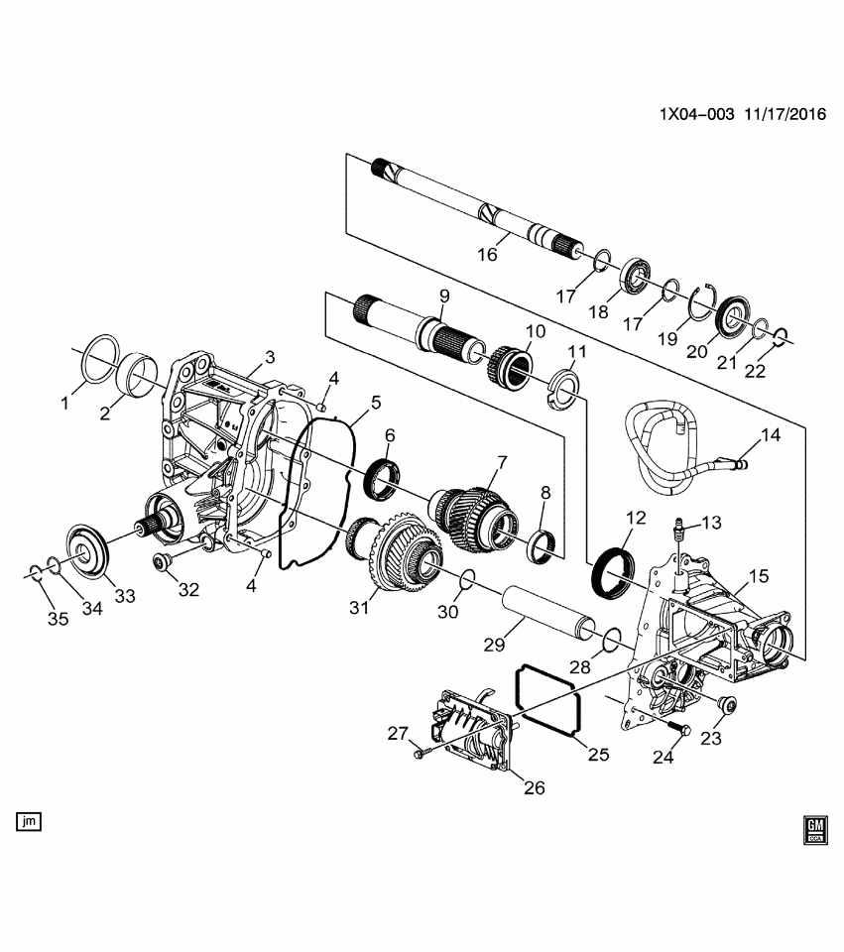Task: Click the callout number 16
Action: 487,255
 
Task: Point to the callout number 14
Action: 771,434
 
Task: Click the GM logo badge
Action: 815,829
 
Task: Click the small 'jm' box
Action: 28,820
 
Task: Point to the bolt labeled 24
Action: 681,732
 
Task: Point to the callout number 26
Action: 534,789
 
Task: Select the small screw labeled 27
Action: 420,757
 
